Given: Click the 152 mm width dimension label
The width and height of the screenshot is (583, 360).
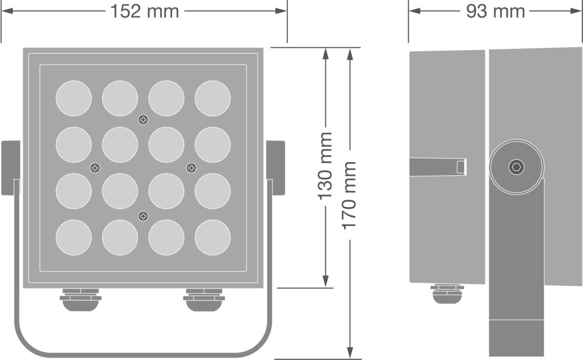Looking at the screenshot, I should (x=145, y=11).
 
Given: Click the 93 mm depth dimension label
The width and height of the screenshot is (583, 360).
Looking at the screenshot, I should (x=496, y=11).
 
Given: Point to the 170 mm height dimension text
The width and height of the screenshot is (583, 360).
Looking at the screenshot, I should (x=349, y=195).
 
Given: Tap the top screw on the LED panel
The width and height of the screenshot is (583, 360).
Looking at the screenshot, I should (x=143, y=120).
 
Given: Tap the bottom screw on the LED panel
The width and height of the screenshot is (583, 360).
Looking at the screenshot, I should (x=143, y=217).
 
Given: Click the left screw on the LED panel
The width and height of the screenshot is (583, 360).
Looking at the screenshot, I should (x=95, y=168).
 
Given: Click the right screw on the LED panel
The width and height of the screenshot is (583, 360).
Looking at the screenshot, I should (x=191, y=168).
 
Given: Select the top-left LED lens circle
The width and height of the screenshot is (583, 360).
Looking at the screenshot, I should (x=73, y=98).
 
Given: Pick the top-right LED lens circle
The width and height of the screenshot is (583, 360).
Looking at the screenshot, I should (x=213, y=98).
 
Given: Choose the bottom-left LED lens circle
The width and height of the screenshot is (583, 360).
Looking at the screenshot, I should (x=73, y=237).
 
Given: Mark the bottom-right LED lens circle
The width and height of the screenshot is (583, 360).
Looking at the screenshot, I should (x=213, y=237).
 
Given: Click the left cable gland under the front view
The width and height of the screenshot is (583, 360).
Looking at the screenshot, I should (x=80, y=299).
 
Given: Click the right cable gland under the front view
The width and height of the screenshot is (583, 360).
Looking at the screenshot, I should (x=203, y=299).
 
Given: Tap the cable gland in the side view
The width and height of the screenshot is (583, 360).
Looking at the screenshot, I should (x=447, y=293).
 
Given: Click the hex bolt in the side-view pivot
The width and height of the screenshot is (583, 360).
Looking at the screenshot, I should (x=517, y=167).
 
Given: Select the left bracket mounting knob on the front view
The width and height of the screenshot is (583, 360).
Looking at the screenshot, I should (x=10, y=167).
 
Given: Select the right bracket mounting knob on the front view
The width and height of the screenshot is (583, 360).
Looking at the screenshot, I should (x=276, y=167).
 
